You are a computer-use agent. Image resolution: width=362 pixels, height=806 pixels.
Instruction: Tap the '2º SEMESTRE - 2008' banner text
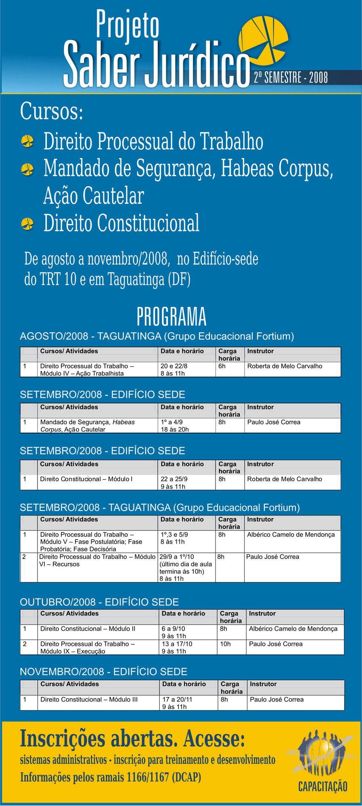tap(291, 77)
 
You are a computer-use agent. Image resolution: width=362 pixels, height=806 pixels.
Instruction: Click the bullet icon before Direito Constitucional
tap(27, 224)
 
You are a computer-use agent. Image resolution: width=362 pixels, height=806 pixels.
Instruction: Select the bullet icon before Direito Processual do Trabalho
tap(27, 141)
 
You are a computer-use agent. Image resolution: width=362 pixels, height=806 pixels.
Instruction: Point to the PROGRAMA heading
tap(172, 317)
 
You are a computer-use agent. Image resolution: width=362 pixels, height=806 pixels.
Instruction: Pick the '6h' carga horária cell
tap(222, 366)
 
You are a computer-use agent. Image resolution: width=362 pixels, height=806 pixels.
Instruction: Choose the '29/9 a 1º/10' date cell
tap(177, 557)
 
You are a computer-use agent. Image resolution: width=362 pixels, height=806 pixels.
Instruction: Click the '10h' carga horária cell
tap(225, 644)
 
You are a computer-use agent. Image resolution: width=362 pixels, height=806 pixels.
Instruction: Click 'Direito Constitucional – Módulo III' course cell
tap(89, 700)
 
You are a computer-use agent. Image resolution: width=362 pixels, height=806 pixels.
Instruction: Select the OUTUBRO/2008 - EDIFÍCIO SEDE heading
tap(99, 602)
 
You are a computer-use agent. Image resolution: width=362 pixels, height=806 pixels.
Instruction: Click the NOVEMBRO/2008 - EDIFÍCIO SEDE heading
tap(104, 672)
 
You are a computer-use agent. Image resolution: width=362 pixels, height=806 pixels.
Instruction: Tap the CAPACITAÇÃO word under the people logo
tap(322, 786)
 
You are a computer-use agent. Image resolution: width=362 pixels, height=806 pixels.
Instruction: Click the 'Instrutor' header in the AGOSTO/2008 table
tap(260, 351)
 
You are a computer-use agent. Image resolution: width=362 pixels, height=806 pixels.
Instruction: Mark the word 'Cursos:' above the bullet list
tap(52, 111)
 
